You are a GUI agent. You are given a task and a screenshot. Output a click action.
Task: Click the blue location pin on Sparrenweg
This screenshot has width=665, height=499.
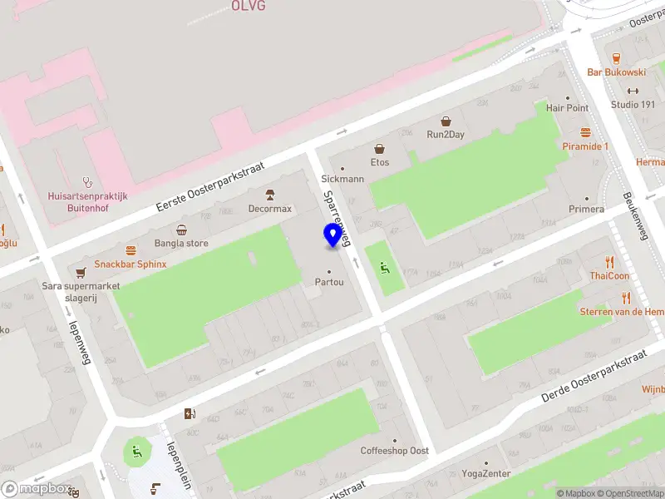point(333,235)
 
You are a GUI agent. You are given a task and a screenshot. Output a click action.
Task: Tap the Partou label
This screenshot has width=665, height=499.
point(329,282)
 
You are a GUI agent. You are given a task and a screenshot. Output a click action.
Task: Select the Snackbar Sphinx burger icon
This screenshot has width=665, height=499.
point(130,250)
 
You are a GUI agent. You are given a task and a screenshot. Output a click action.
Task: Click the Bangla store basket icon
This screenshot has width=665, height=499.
point(181,230)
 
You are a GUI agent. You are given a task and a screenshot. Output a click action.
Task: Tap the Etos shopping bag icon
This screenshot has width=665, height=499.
point(380,149)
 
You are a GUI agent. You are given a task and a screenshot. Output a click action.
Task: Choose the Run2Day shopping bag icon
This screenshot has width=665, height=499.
point(446,121)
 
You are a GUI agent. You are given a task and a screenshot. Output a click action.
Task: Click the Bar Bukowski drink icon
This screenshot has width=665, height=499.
point(616,57)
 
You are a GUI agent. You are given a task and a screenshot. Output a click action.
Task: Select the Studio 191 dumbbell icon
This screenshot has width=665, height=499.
point(633,91)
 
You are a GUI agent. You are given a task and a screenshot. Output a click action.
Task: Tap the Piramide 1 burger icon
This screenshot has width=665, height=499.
point(585,132)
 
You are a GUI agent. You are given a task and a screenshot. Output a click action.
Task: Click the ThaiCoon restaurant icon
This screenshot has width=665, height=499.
point(610,261)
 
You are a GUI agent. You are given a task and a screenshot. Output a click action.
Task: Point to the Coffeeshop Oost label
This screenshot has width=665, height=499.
point(395,451)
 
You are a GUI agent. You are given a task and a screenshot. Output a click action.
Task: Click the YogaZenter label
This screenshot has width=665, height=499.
point(486,474)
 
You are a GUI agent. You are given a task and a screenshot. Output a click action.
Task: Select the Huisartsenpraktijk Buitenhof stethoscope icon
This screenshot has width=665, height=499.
point(87,181)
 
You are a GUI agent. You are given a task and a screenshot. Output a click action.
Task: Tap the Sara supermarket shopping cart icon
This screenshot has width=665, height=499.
point(81,272)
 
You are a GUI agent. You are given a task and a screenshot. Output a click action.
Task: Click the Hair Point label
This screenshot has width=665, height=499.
point(567,108)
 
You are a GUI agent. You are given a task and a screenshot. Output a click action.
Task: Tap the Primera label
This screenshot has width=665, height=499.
point(587,209)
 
